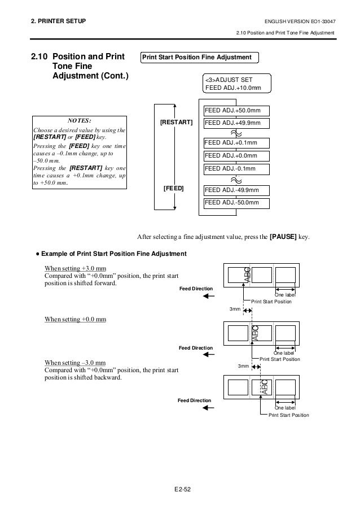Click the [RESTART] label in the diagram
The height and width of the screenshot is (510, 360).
[176, 123]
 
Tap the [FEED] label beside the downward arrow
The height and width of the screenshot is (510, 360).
[173, 188]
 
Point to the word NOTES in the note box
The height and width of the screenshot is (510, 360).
[79, 120]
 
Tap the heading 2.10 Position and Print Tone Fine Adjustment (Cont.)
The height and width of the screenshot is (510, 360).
[80, 67]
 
